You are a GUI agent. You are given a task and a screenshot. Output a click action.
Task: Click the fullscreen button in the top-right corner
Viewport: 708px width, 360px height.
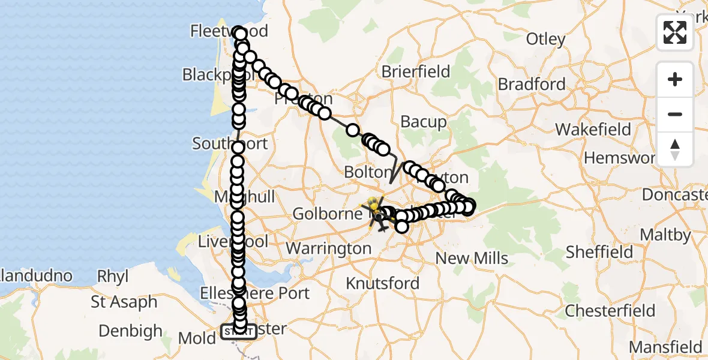675,32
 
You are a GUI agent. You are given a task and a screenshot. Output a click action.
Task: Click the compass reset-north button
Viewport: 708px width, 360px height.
675,149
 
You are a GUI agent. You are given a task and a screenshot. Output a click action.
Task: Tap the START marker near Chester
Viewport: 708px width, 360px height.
238,331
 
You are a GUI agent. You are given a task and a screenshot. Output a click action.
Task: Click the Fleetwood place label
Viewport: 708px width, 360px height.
228,31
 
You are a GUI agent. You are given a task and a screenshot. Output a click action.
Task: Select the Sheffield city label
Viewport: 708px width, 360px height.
599,252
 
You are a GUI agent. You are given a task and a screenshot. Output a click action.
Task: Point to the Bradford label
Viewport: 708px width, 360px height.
532,85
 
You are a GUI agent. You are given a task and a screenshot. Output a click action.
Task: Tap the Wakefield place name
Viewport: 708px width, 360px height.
593,130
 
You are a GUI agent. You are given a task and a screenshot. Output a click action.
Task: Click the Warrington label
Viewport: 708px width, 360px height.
328,248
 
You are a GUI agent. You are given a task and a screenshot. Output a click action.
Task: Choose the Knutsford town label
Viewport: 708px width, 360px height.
383,283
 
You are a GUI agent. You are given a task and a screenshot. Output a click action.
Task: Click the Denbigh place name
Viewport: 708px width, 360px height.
130,331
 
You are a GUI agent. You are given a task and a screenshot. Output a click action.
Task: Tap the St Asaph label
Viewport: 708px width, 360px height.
124,302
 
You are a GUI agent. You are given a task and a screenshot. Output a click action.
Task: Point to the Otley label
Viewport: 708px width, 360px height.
545,40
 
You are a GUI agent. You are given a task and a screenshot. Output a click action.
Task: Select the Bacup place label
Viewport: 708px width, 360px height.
424,122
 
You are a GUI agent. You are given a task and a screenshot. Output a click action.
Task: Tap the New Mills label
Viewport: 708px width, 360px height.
472,259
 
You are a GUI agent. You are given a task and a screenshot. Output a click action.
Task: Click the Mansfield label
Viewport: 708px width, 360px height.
665,347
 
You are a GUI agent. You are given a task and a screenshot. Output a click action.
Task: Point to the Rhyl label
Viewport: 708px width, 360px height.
114,277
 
